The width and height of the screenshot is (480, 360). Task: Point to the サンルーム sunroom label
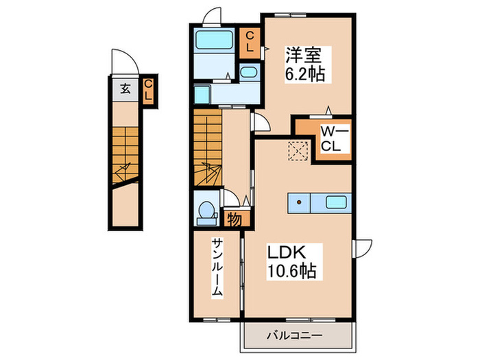click(217, 268)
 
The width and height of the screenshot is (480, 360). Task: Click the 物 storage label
click(233, 219)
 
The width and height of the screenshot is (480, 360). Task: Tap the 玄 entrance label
click(126, 88)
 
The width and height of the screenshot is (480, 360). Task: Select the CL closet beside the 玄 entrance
click(147, 91)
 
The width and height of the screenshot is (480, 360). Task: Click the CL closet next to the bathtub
click(250, 43)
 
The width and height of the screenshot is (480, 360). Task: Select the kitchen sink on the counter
click(335, 202)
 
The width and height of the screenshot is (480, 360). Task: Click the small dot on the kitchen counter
click(299, 202)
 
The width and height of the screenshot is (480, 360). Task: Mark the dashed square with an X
click(298, 149)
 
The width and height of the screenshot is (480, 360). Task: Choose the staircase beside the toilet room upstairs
click(208, 147)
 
